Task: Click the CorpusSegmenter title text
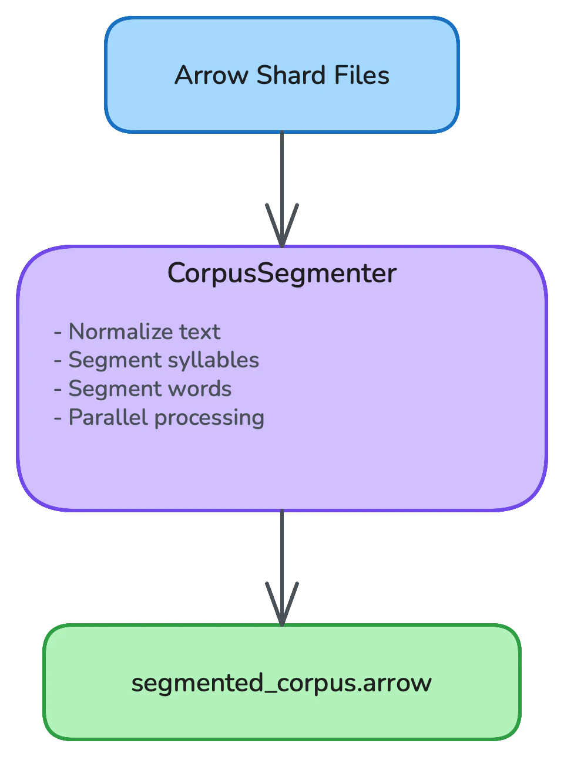coord(282,273)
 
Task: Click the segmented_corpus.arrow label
coord(282,683)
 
